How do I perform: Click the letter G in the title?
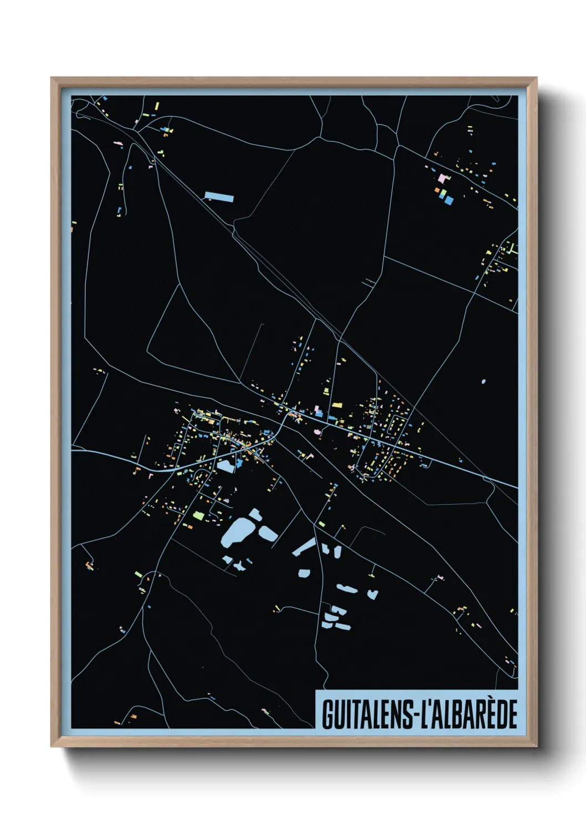(x=328, y=714)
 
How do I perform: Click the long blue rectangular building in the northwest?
(x=219, y=196)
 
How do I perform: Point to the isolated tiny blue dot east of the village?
(x=484, y=381)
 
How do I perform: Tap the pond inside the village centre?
(x=226, y=466)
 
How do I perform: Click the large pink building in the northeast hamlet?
(x=442, y=179)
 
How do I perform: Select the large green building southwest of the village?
(x=198, y=516)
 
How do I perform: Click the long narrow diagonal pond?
(x=304, y=546)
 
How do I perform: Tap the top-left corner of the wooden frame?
(x=52, y=79)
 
